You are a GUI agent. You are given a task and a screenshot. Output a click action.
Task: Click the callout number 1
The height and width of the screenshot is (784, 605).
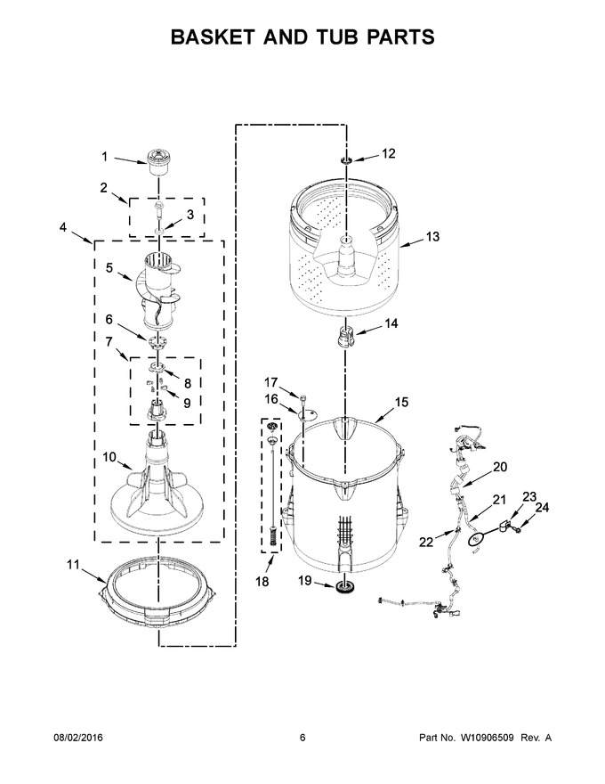(x=105, y=157)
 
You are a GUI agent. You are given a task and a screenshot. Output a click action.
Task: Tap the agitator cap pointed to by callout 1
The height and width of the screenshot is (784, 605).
(x=158, y=161)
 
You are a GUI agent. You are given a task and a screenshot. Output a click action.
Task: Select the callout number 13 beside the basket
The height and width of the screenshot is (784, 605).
(x=432, y=236)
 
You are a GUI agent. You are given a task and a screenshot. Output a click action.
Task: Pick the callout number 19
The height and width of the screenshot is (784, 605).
(x=305, y=581)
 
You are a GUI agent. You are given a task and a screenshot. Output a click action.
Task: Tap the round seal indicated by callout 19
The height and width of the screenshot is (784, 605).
(x=344, y=588)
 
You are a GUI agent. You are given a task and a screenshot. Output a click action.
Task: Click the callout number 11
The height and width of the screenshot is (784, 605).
(x=73, y=565)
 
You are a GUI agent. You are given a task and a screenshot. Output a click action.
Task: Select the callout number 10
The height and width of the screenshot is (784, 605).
(x=109, y=457)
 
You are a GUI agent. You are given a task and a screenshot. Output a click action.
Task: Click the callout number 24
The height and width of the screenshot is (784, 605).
(x=542, y=508)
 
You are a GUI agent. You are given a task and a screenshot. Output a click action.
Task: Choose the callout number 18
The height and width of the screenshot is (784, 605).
(x=262, y=582)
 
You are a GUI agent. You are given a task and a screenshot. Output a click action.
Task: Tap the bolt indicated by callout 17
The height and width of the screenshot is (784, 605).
(x=303, y=397)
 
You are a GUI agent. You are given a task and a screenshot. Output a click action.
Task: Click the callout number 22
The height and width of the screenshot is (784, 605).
(x=426, y=542)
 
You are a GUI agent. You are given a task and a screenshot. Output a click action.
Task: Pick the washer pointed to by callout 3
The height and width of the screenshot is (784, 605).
(x=158, y=232)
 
